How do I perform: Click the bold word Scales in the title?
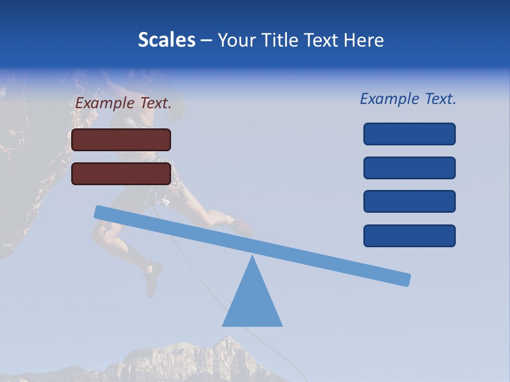click(x=166, y=40)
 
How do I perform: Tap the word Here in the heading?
click(x=363, y=40)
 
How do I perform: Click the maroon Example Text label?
click(x=123, y=103)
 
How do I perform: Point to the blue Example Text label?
click(x=408, y=99)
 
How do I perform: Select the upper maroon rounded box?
click(x=121, y=140)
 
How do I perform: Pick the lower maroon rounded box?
click(x=121, y=173)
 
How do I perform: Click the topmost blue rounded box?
click(x=409, y=134)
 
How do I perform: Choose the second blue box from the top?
click(x=409, y=168)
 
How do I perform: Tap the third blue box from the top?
click(x=409, y=202)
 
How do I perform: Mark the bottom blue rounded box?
click(x=409, y=236)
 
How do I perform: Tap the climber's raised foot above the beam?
click(x=240, y=225)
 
